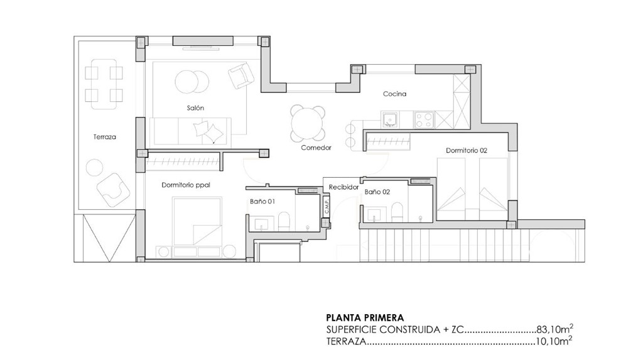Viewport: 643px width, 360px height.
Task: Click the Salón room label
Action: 195,108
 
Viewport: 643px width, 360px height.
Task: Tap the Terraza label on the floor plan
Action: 105,136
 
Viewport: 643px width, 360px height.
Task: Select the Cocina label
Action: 395,94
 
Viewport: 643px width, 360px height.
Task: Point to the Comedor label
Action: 316,148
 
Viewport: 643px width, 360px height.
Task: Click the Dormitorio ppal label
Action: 185,185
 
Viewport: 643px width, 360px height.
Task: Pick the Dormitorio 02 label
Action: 467,151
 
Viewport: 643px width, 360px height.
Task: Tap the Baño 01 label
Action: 262,202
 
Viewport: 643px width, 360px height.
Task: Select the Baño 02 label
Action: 377,192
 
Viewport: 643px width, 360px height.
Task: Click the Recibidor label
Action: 343,187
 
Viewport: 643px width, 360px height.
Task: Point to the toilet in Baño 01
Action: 284,219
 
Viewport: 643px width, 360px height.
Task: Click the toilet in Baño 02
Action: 397,210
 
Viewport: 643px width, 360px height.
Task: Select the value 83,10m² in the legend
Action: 555,329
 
